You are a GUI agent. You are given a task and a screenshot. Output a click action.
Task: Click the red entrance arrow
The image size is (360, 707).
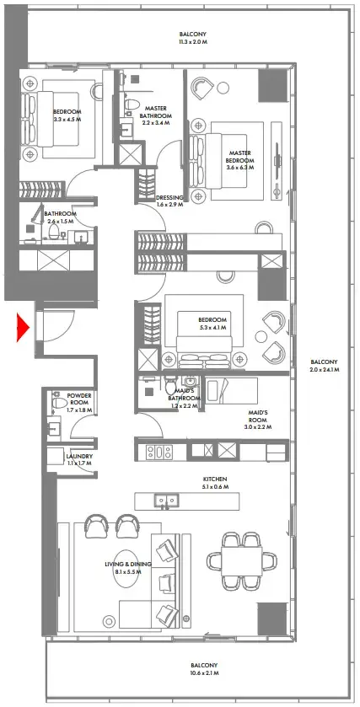(24, 327)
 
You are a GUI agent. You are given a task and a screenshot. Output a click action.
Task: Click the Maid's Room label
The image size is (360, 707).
(258, 413)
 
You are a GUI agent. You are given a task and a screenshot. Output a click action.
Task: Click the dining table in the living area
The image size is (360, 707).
(239, 560)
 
